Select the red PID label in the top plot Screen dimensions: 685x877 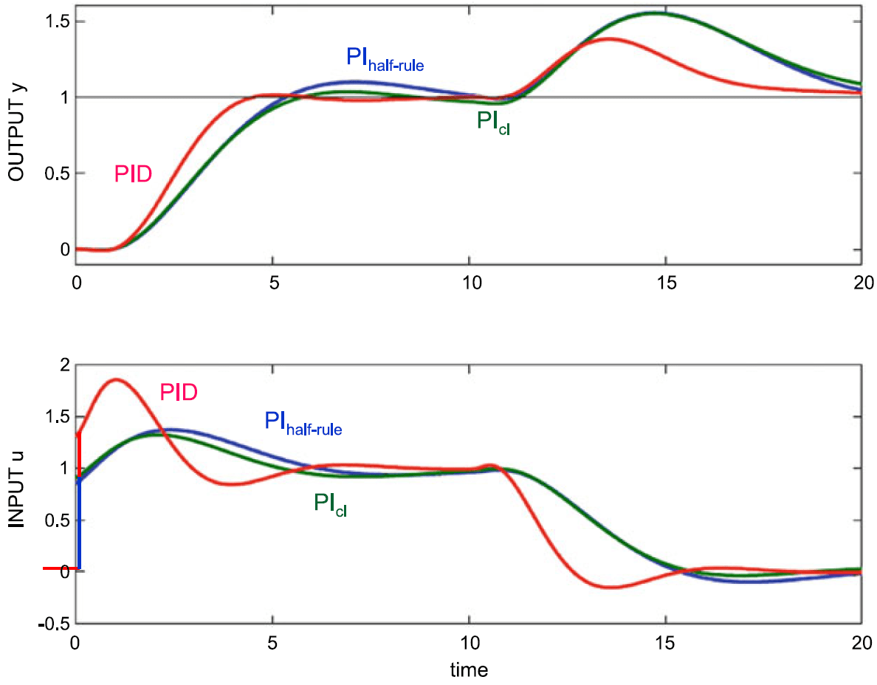click(134, 174)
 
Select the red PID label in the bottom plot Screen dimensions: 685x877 click(179, 391)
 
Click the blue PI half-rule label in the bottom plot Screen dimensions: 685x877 click(303, 423)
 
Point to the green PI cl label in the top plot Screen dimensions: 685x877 click(493, 122)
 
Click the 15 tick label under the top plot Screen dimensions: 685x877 click(666, 281)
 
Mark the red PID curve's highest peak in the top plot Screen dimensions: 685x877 click(608, 38)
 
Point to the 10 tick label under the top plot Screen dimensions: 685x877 click(470, 281)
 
